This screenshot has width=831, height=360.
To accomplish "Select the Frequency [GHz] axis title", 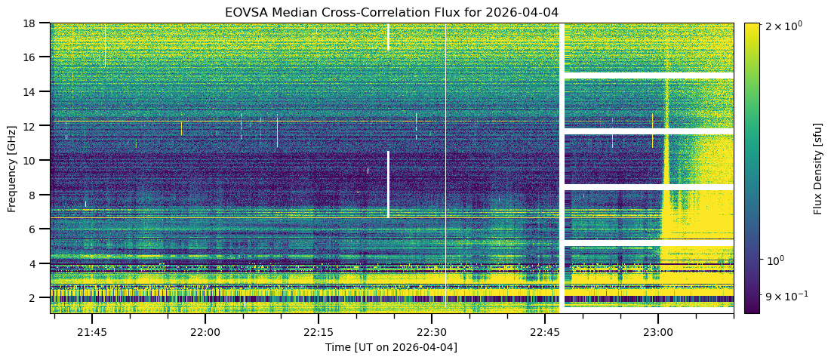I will click(12, 168).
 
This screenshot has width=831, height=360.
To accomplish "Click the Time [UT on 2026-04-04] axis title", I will click(391, 347).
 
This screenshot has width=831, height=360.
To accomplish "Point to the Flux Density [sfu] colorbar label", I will click(818, 168).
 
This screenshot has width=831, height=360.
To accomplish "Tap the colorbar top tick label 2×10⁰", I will click(784, 26).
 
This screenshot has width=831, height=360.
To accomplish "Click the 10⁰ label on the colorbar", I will click(777, 260).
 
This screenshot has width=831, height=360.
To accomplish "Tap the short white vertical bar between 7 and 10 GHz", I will click(388, 185).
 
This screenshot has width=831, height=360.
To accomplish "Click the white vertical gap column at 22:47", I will click(562, 166).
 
